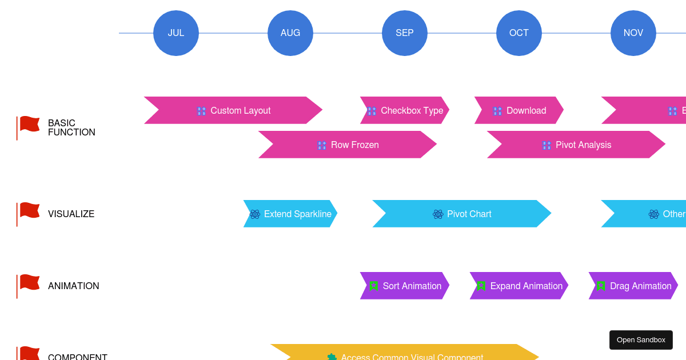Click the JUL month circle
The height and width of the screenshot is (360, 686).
(x=176, y=33)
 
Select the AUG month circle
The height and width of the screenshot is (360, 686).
(x=290, y=33)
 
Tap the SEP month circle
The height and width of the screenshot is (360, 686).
(x=405, y=33)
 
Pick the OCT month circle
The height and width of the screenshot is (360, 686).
(x=519, y=33)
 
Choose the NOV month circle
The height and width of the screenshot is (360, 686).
(x=633, y=33)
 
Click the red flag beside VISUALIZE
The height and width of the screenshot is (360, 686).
(x=29, y=211)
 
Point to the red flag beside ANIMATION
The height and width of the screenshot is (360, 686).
(x=29, y=283)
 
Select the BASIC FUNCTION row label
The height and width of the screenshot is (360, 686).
(x=71, y=127)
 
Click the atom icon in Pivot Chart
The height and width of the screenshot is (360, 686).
(x=438, y=214)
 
